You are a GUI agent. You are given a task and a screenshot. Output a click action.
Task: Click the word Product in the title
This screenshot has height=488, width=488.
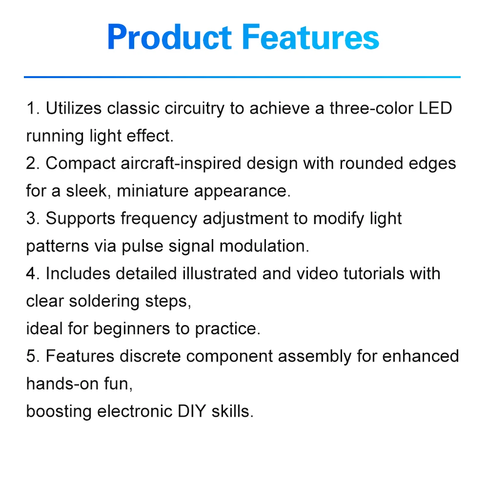coord(169,37)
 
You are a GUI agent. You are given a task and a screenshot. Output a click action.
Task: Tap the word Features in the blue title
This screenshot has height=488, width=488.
coord(310,37)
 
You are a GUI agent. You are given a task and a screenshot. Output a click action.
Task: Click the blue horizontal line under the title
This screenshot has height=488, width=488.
coord(242,77)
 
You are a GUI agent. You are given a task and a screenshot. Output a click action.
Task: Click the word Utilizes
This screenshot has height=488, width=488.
coord(74,108)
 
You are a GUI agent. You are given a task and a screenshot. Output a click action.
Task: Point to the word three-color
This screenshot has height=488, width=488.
coord(371,108)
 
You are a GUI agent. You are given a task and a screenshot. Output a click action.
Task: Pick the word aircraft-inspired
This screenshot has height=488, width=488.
coord(181,163)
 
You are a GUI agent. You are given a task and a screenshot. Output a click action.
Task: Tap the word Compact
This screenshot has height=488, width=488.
coord(81,164)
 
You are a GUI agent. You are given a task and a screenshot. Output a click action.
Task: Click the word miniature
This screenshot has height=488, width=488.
coord(152,191)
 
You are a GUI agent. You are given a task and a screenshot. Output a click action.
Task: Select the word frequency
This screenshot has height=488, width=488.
coord(159,219)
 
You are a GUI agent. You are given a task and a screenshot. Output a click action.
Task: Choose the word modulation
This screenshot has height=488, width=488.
coord(264,246)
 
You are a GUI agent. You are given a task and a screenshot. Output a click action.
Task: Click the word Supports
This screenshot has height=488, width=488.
coord(81,219)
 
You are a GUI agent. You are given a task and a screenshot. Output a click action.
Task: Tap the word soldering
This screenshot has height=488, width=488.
coord(104,302)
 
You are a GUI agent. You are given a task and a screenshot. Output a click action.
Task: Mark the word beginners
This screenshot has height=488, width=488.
coord(132,329)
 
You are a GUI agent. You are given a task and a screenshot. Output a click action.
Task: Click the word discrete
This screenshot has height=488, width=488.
coord(150,356)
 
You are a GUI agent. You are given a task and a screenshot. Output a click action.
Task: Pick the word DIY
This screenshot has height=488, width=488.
coord(192,411)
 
